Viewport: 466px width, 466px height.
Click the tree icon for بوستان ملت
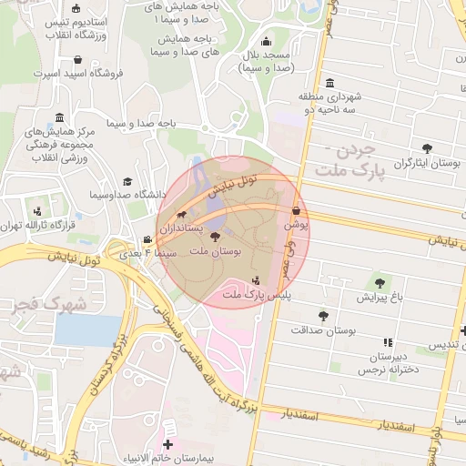(215, 236)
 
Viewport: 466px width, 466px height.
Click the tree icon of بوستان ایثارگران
(427, 148)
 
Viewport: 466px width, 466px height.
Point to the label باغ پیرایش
(379, 297)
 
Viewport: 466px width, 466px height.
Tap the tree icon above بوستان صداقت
(323, 316)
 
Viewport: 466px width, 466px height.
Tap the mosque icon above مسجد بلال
(266, 41)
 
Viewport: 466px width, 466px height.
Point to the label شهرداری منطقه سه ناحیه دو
(330, 102)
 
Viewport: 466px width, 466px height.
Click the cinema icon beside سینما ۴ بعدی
(148, 239)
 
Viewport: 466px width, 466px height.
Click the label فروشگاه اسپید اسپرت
(75, 70)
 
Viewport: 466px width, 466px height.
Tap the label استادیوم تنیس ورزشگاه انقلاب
(74, 26)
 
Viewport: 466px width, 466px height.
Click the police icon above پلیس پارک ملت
(256, 280)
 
